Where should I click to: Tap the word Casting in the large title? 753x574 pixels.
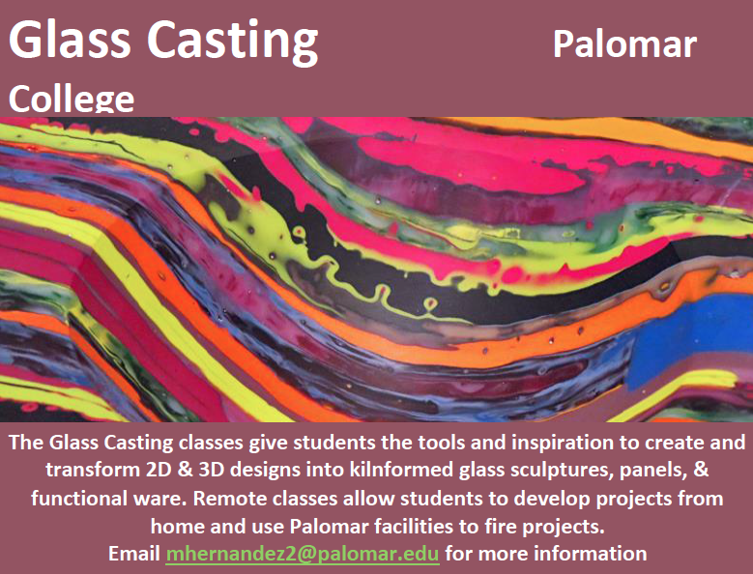click(x=232, y=43)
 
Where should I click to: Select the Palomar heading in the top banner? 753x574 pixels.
click(x=624, y=44)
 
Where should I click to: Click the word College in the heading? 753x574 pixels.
click(x=72, y=100)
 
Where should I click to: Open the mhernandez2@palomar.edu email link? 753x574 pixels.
click(x=303, y=554)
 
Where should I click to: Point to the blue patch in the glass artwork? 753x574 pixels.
click(x=691, y=336)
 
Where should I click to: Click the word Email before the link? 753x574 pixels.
click(x=134, y=554)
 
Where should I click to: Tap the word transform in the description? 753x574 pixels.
click(x=92, y=470)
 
